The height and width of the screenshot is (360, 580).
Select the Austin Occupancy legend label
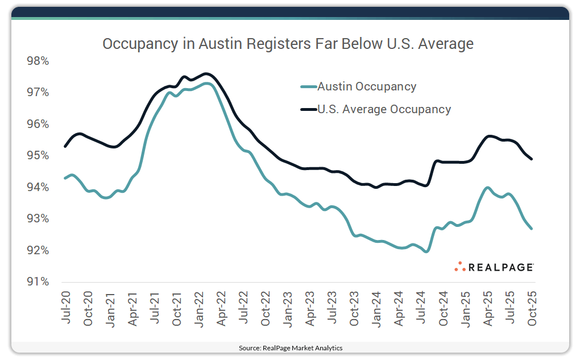pyautogui.click(x=367, y=87)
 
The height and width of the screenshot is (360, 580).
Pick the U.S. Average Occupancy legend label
pyautogui.click(x=384, y=109)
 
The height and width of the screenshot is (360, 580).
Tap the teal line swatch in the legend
pyautogui.click(x=308, y=87)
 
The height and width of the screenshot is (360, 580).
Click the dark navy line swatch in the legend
pyautogui.click(x=308, y=109)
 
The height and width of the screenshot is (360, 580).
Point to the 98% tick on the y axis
pyautogui.click(x=38, y=61)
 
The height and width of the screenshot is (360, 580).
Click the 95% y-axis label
pyautogui.click(x=38, y=156)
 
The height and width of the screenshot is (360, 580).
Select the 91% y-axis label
pyautogui.click(x=38, y=282)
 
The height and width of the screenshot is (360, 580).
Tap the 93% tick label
pyautogui.click(x=38, y=219)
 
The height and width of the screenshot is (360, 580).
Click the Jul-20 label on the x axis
pyautogui.click(x=66, y=307)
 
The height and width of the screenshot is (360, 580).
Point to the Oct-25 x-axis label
pyautogui.click(x=532, y=307)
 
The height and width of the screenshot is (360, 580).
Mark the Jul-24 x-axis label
pyautogui.click(x=421, y=307)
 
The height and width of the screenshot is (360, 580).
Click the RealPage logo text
pyautogui.click(x=501, y=267)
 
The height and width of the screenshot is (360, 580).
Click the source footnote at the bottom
pyautogui.click(x=290, y=347)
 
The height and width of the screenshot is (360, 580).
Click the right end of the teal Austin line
pyautogui.click(x=532, y=229)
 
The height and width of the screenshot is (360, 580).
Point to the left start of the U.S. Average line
pyautogui.click(x=65, y=146)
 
